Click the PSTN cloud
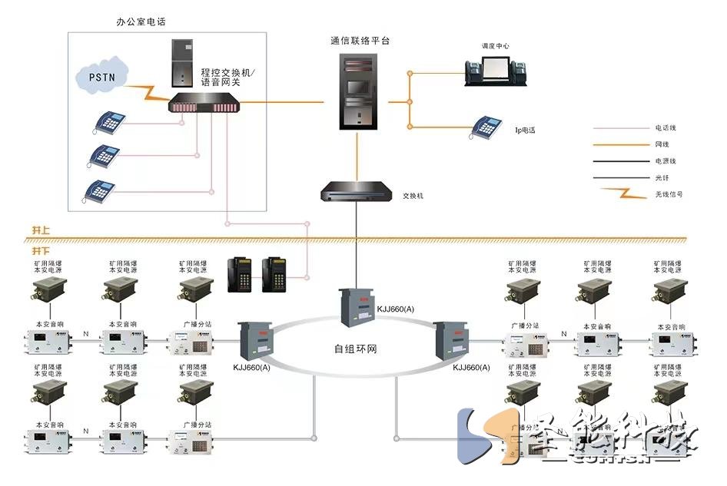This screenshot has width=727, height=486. click(102, 78)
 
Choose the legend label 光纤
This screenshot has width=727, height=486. click(663, 177)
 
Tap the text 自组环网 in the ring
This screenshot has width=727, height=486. click(356, 349)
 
